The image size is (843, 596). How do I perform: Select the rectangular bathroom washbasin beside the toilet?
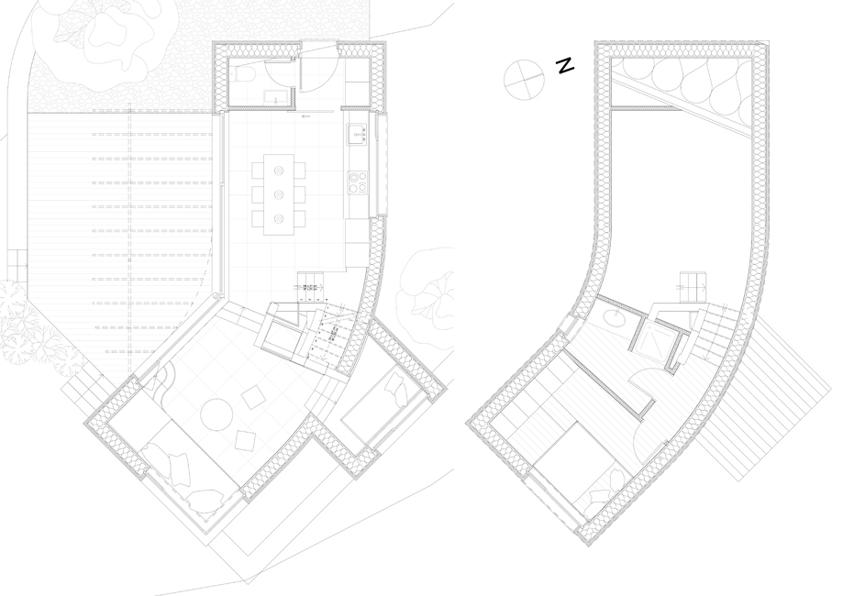278,97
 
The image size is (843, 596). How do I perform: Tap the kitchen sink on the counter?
357,134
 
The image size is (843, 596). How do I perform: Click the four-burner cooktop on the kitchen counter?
358,182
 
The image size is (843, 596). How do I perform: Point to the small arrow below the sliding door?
307,116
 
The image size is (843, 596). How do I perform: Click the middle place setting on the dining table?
279,194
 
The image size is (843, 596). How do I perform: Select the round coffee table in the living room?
216,414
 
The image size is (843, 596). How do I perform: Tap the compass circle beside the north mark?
524,80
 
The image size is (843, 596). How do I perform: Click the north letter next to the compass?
565,66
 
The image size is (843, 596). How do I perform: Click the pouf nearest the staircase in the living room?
252,399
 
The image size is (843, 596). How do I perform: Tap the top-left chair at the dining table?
258,171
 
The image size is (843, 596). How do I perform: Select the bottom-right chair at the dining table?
300,219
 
